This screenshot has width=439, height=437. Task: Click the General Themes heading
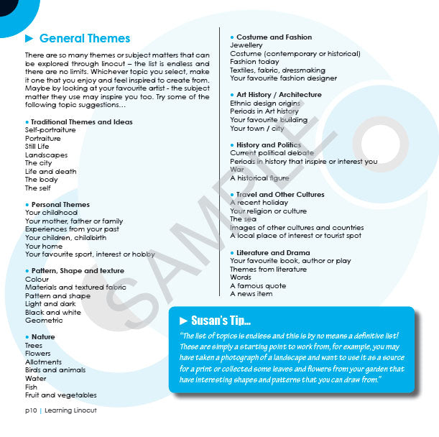pos(85,39)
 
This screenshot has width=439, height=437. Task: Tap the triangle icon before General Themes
pos(29,39)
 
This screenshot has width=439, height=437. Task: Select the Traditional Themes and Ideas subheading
pos(81,122)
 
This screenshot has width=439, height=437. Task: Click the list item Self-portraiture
pos(50,130)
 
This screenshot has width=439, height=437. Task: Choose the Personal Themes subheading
pos(60,205)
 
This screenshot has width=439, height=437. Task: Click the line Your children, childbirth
pos(65,237)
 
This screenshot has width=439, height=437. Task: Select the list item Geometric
pos(44,321)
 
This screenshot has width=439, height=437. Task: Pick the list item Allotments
pos(43,362)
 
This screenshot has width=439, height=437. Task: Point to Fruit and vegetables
pos(60,395)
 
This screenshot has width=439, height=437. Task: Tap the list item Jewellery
pos(246,45)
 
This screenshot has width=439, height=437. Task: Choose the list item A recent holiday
pos(259,203)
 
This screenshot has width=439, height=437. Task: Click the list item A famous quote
pos(258,285)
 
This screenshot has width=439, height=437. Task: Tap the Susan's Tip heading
pos(221,320)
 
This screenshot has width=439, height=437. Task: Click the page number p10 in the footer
pos(31,410)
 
